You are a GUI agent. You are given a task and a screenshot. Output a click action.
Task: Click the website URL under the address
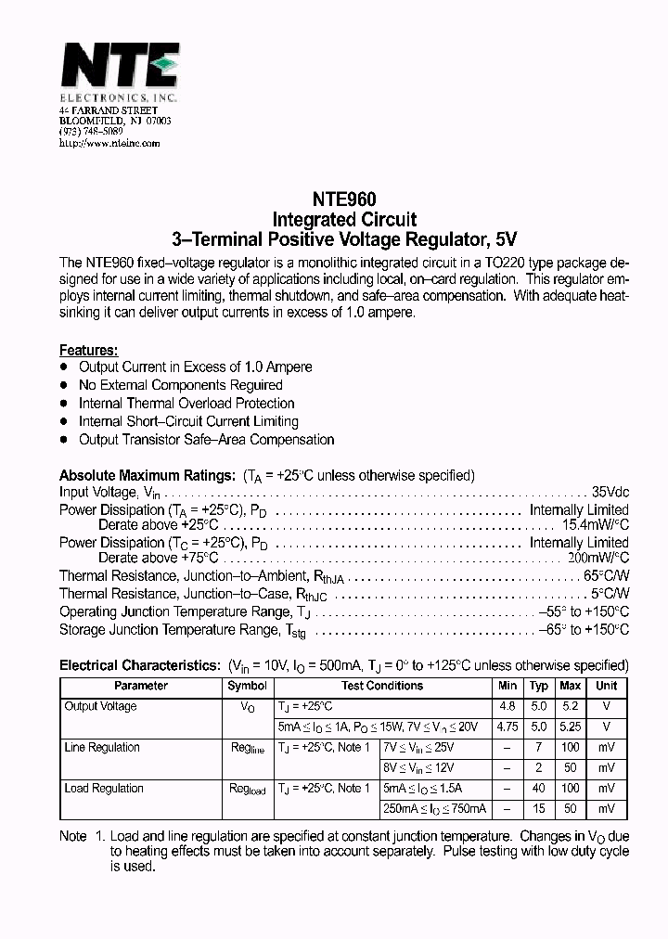[x=109, y=144]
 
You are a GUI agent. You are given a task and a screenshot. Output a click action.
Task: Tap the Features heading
[x=88, y=350]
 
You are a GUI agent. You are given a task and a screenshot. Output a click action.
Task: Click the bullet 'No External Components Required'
[x=180, y=385]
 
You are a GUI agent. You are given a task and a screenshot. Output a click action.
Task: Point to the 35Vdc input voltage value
[x=610, y=493]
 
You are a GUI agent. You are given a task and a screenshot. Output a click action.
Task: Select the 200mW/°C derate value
[x=597, y=559]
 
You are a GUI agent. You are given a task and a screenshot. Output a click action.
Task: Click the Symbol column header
[x=247, y=687]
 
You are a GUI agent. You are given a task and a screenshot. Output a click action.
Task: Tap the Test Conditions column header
[x=381, y=687]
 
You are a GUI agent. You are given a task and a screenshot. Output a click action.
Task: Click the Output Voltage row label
[x=100, y=707]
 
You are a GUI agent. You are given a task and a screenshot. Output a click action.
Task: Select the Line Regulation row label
[x=101, y=748]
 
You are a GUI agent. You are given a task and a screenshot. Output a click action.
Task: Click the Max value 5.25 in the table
[x=570, y=727]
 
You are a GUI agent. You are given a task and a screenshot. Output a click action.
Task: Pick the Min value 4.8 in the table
[x=507, y=707]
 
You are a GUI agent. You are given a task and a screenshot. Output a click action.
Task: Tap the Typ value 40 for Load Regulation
[x=538, y=789]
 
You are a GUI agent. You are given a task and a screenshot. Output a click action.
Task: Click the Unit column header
[x=606, y=687]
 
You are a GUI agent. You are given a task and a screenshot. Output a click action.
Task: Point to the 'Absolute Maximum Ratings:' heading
[x=147, y=476]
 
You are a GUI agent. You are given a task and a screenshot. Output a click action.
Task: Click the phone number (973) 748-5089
[x=91, y=133]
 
